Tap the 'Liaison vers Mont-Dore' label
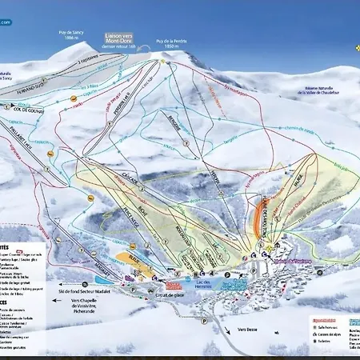(x=122, y=39)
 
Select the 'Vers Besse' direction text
(x=250, y=329)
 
